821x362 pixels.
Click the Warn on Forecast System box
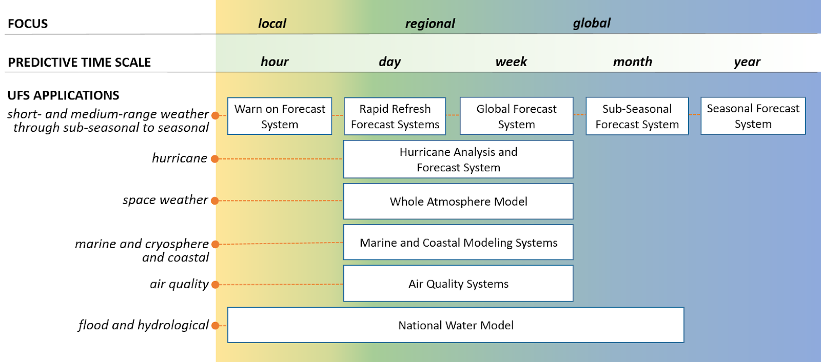280,116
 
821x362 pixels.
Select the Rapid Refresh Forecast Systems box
395,116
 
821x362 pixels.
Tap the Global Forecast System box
516,116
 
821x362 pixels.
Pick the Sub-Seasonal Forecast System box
637,116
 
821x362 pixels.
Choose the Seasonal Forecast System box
753,116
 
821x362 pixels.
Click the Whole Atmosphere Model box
458,201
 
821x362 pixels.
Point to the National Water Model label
456,326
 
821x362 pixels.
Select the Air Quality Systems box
458,284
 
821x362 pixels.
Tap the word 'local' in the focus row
272,24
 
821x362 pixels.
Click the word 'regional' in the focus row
430,24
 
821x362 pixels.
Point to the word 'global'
592,23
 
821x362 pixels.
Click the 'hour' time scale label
275,62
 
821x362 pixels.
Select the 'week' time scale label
511,62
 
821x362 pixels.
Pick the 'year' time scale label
747,62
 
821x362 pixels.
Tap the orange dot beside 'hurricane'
215,158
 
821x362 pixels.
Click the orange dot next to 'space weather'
215,201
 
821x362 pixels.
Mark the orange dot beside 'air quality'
216,285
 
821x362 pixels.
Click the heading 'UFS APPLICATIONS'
64,95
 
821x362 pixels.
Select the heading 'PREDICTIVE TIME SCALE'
79,62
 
